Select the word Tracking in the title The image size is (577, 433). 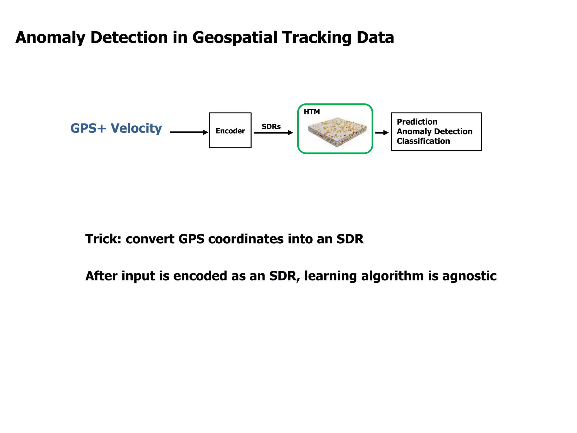(x=317, y=37)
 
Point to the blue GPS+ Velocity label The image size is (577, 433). (x=116, y=128)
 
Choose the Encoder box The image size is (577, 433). (x=230, y=131)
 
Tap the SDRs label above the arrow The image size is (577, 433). (x=271, y=127)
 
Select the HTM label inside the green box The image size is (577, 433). (x=312, y=112)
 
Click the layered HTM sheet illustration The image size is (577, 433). (x=337, y=131)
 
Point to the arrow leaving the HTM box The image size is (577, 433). (x=382, y=133)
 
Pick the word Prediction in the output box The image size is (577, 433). (x=417, y=122)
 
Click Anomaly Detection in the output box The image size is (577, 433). (x=434, y=131)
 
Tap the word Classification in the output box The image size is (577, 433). (x=423, y=141)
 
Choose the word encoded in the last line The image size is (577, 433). (x=200, y=276)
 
